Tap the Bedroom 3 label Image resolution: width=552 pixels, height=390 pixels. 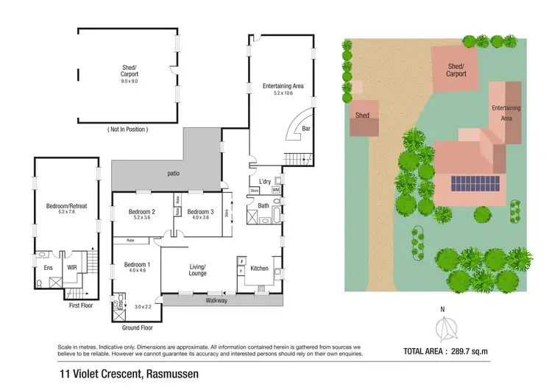200,212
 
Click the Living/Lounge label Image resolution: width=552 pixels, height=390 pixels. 197,269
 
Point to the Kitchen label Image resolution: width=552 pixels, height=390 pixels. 261,269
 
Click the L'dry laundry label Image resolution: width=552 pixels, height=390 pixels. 264,181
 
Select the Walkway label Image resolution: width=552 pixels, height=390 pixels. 216,300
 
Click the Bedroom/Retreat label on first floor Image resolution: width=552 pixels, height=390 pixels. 66,206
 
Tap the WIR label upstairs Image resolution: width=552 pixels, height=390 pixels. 72,268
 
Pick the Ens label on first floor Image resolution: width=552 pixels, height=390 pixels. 49,268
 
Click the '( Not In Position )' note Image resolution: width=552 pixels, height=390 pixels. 128,129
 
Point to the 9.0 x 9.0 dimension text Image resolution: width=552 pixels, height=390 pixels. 130,81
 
